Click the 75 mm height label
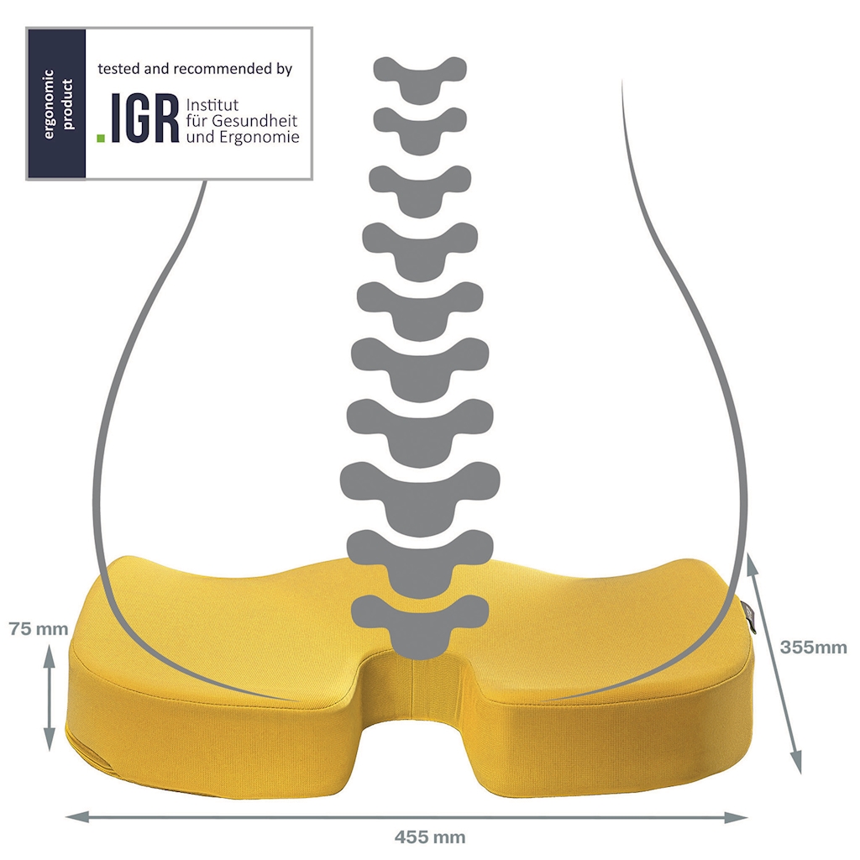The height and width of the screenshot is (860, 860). coord(39,629)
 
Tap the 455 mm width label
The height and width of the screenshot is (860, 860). coord(430,837)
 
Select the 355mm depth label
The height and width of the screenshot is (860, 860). coord(813,648)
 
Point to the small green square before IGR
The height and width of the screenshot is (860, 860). coord(101,139)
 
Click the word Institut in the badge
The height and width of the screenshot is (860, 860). coord(212,105)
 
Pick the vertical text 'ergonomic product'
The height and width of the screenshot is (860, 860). coord(58,104)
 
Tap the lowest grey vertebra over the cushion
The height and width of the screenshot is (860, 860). coord(420,625)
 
